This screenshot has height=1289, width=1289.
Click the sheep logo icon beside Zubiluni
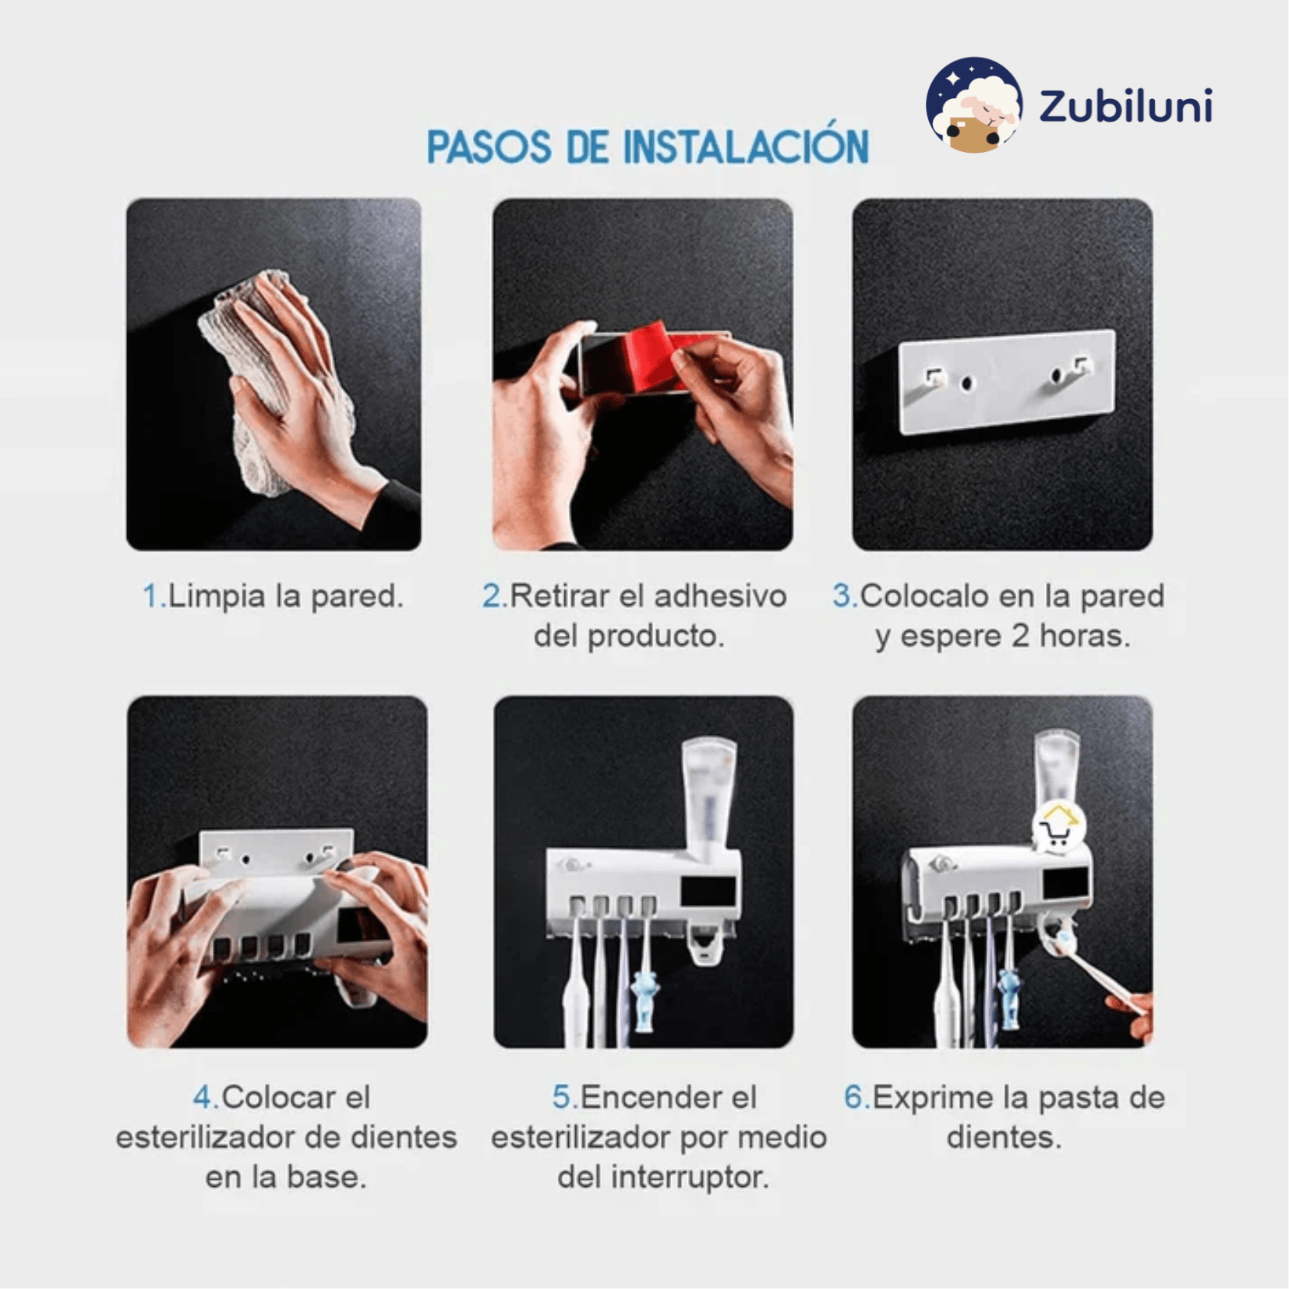coord(973,104)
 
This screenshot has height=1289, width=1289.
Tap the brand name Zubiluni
coord(1126,106)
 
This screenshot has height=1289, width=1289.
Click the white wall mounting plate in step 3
coord(1008,381)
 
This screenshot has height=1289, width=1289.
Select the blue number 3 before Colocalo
coord(844,596)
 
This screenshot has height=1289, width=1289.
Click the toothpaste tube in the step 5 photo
coord(708,799)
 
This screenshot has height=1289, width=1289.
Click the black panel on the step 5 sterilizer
coord(708,891)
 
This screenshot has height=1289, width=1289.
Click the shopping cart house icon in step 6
coord(1058,827)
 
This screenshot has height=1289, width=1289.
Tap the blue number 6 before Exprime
coord(856,1097)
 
